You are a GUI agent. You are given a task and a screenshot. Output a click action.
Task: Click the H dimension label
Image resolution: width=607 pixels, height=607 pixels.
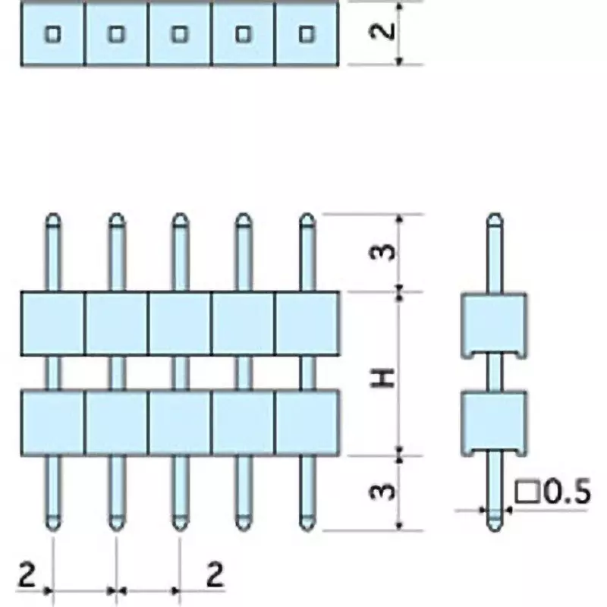382,378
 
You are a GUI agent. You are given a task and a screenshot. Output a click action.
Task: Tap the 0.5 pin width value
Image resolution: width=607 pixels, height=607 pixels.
567,492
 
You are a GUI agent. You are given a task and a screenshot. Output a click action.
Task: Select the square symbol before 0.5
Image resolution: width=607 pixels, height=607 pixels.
527,492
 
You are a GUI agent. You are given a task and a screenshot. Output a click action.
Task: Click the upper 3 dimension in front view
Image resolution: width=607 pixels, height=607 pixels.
382,253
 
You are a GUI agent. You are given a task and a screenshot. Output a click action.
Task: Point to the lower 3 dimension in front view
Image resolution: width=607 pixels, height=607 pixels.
382,492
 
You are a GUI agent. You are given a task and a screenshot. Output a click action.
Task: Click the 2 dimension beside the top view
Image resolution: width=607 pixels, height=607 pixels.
382,31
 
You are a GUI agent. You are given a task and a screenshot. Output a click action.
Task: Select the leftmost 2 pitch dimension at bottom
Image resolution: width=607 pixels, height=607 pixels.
27,575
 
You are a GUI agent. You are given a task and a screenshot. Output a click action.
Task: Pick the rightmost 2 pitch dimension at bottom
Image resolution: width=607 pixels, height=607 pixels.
215,575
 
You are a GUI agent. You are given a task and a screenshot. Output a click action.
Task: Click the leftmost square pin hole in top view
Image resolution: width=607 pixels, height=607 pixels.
53,34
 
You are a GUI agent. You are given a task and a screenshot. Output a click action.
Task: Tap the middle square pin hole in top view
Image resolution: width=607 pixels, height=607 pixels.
180,34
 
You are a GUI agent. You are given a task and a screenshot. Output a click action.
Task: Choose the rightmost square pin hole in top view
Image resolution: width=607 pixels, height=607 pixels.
307,34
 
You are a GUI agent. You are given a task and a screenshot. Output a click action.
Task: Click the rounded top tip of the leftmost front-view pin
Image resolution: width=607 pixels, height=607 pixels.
53,214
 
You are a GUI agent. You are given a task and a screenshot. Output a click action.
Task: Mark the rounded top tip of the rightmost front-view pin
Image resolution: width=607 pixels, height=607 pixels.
307,214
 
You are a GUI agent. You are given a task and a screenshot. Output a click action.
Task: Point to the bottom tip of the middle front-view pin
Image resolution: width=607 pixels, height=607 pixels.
180,530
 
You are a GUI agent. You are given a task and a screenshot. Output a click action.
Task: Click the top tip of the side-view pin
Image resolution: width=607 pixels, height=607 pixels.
495,214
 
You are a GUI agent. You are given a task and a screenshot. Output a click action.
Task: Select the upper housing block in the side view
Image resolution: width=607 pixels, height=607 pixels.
494,325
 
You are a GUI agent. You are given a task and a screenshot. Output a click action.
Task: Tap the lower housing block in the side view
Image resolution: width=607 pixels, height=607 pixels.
494,423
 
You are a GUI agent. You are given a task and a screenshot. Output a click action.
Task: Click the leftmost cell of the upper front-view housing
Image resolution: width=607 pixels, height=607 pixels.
52,323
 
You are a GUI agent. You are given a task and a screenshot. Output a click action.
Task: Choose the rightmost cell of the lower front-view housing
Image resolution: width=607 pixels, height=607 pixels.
307,423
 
